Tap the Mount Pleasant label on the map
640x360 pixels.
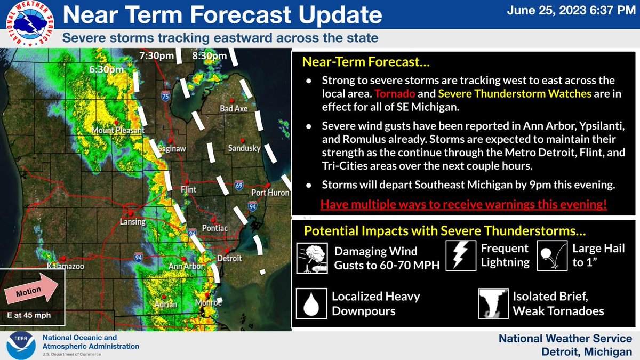click(110, 130)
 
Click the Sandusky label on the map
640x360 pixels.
click(244, 148)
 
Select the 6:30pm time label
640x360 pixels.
click(107, 69)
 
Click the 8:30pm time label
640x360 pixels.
click(206, 55)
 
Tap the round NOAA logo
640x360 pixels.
click(20, 346)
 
